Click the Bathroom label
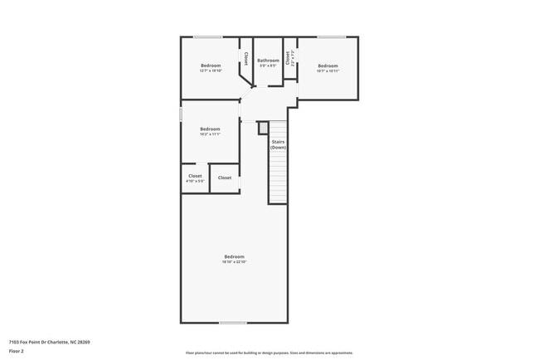click(268, 61)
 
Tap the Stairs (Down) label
click(279, 144)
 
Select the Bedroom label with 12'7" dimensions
click(211, 66)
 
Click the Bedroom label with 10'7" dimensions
click(328, 66)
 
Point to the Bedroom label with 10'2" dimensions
click(210, 129)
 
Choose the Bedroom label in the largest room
click(234, 256)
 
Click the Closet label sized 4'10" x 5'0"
click(195, 176)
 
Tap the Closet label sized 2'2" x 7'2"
click(288, 59)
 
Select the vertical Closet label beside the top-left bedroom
click(245, 59)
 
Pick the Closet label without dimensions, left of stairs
click(225, 178)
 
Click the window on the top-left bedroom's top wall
click(207, 36)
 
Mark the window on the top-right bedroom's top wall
click(332, 36)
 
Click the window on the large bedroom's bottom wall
click(233, 323)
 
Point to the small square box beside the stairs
click(263, 128)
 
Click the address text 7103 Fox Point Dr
click(34, 342)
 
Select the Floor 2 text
click(17, 352)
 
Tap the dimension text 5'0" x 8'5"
click(268, 66)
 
